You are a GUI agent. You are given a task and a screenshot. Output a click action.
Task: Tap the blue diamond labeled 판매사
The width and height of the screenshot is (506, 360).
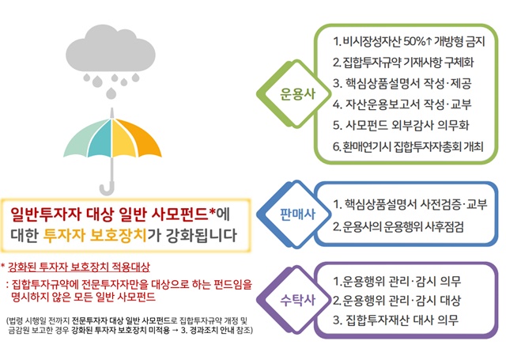coord(296,214)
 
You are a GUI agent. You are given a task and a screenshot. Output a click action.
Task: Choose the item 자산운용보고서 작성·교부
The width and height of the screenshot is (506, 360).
coord(403,104)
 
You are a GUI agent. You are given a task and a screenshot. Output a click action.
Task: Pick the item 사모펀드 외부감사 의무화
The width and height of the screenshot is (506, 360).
coord(403,125)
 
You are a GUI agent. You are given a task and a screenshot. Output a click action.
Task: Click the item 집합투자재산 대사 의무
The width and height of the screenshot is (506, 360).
coord(396,320)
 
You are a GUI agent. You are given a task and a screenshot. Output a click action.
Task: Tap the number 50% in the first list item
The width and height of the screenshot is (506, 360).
coord(421,40)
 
